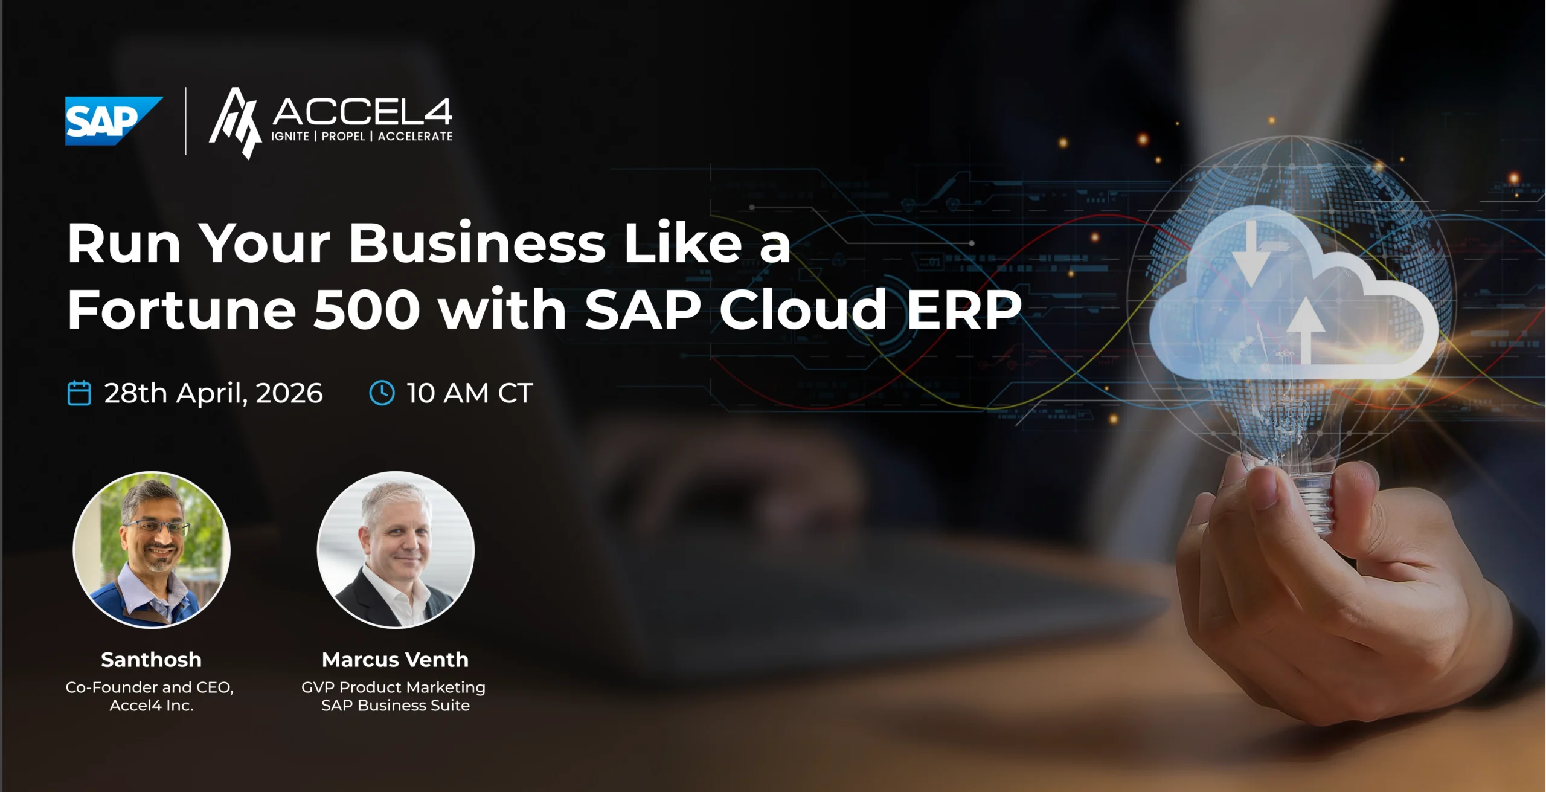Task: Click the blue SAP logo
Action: (113, 121)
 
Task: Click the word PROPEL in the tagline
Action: (343, 137)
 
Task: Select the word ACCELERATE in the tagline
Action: (415, 137)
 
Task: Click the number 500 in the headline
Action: (367, 310)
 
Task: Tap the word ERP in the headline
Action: (964, 309)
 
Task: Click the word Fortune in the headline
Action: (181, 309)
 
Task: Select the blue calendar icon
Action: (79, 393)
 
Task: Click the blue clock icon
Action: (382, 393)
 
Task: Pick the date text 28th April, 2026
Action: (213, 393)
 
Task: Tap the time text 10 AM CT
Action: (469, 393)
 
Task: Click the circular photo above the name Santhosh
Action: (152, 550)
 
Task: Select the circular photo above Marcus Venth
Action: (396, 550)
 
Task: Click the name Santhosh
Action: (151, 660)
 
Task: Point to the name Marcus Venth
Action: (395, 660)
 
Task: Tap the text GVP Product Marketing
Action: (393, 687)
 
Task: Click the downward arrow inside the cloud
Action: (1250, 254)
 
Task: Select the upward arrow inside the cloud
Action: (1306, 330)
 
